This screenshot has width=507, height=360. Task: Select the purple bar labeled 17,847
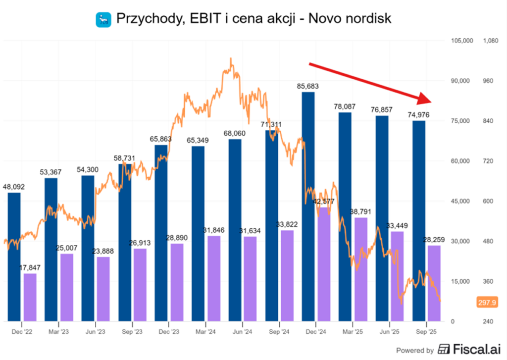click(x=30, y=297)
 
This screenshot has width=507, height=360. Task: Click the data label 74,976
click(x=418, y=115)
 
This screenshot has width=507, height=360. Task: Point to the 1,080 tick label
click(x=490, y=41)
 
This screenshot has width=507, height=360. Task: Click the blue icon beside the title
click(x=103, y=19)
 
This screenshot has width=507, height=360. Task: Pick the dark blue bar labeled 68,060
click(x=235, y=230)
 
